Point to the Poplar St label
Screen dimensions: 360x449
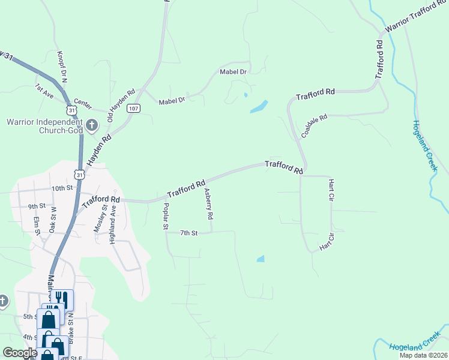[x=166, y=217]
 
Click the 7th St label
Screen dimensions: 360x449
[x=188, y=232]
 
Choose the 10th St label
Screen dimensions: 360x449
[x=62, y=188]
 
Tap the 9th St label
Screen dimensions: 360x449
[x=37, y=206]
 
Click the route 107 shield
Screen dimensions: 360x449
[x=134, y=109]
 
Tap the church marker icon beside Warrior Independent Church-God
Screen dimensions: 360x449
[x=92, y=125]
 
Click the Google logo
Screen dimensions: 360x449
[x=20, y=353]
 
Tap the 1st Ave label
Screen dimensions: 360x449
[x=45, y=91]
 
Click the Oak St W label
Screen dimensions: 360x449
[x=52, y=220]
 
